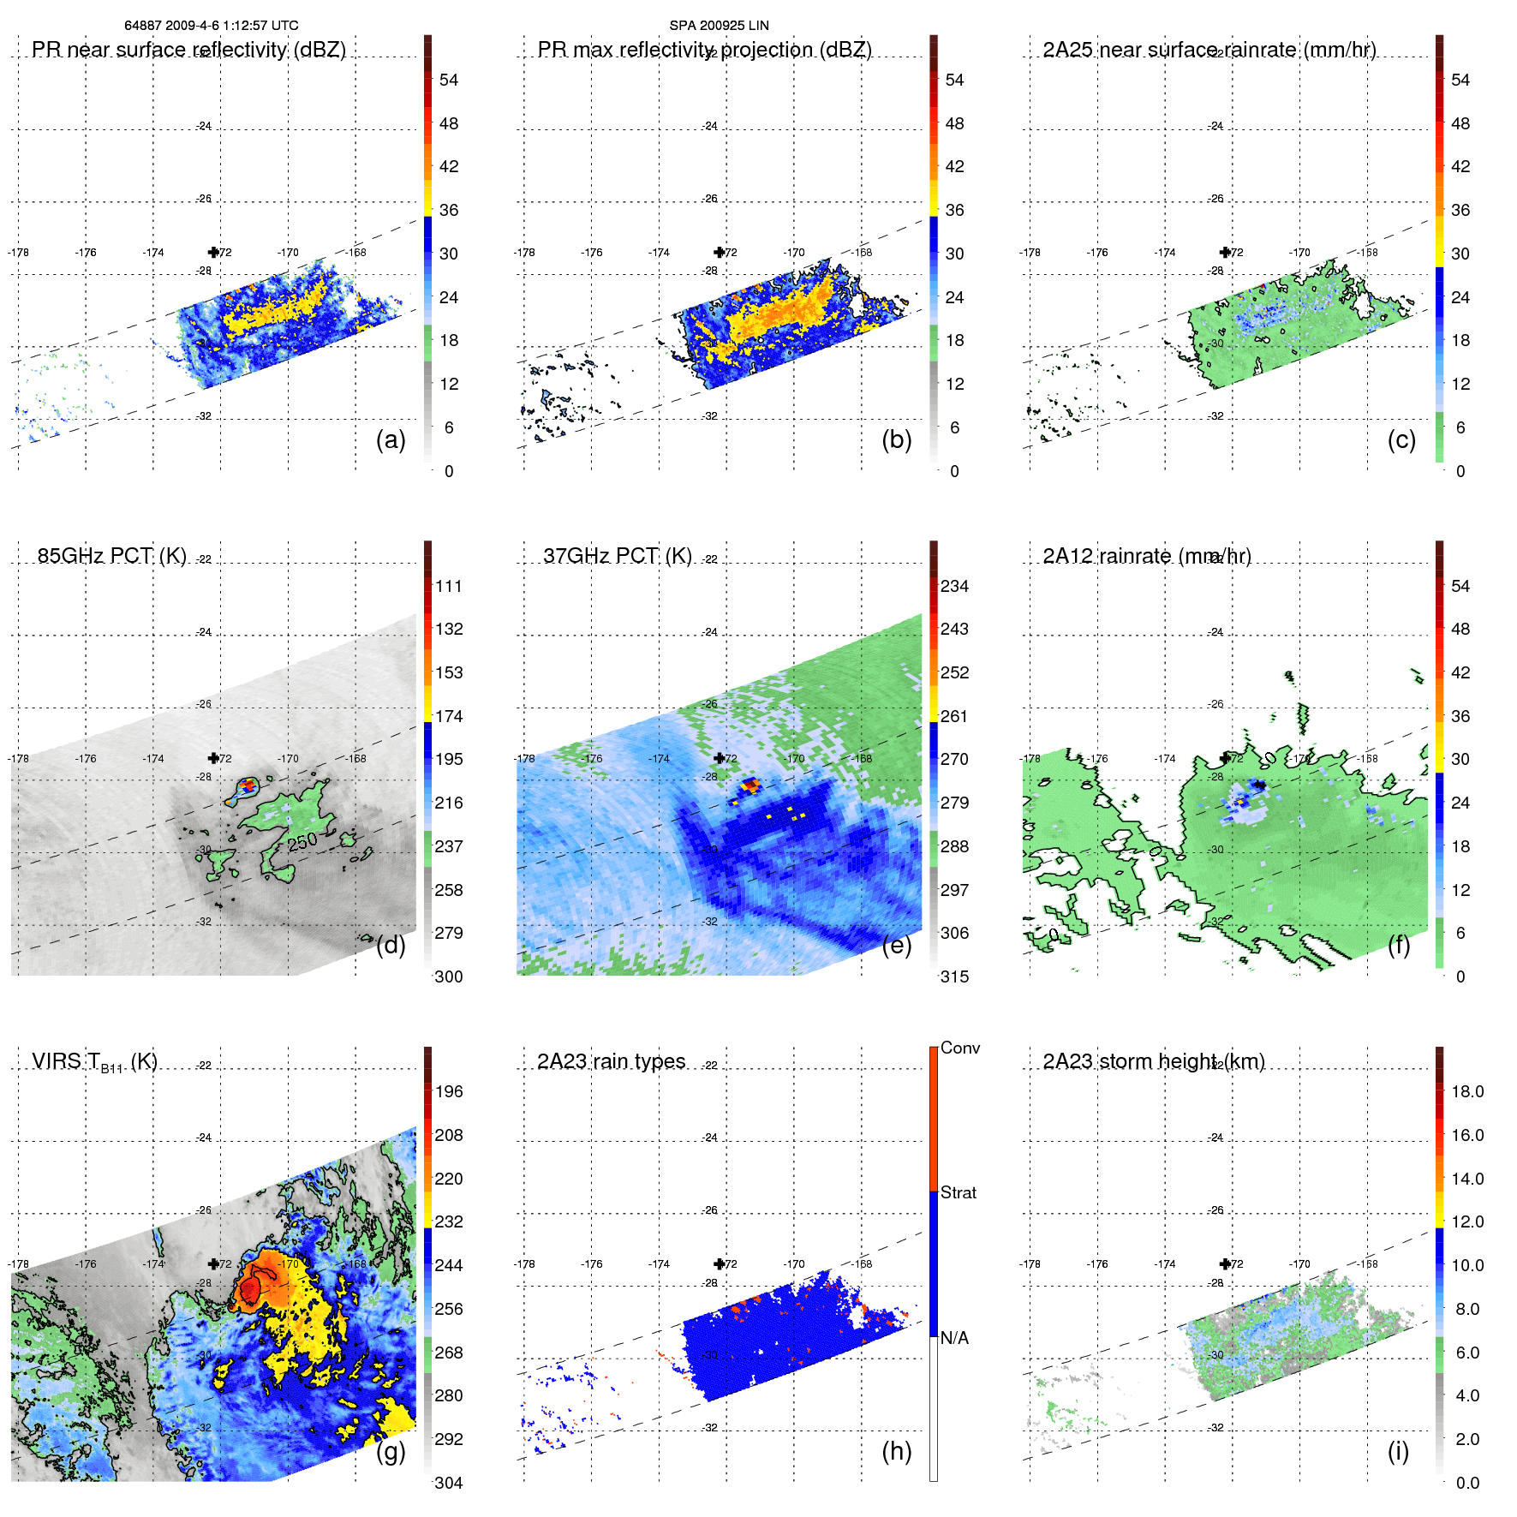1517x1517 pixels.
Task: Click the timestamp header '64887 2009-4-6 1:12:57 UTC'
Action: pos(211,26)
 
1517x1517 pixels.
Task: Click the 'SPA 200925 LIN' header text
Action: pos(719,26)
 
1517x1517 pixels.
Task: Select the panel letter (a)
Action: pos(391,439)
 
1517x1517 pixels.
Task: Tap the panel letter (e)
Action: pos(897,945)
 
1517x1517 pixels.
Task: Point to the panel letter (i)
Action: pos(1398,1451)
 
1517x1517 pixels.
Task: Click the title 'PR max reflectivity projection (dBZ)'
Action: pos(704,50)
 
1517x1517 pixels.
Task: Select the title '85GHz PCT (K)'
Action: pos(111,556)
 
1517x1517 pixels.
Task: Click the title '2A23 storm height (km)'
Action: pos(1154,1061)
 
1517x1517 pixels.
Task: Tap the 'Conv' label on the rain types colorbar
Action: pos(960,1048)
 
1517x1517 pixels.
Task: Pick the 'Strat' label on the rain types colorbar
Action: pos(959,1192)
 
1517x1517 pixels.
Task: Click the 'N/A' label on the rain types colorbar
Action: pos(954,1338)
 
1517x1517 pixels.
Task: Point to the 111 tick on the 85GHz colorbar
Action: pos(449,586)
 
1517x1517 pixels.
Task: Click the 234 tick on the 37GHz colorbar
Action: pos(954,586)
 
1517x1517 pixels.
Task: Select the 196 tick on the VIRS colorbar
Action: pos(449,1091)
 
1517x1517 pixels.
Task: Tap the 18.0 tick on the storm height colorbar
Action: pos(1467,1091)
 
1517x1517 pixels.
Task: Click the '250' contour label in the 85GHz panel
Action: pos(302,842)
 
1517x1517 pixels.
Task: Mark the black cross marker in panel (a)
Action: pos(213,252)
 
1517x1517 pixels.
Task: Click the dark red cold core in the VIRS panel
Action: pos(249,1287)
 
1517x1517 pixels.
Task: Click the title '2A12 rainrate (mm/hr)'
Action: pos(1147,556)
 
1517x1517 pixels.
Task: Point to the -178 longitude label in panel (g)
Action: pos(18,1264)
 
